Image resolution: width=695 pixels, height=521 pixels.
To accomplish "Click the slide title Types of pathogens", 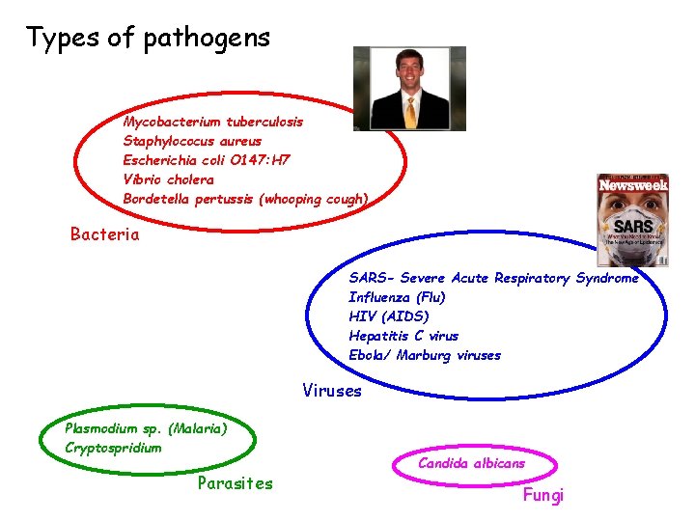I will click(x=148, y=39).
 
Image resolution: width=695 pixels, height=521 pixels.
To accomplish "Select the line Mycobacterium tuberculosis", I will click(x=213, y=122).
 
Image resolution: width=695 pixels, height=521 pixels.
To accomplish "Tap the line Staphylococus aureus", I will click(x=192, y=141).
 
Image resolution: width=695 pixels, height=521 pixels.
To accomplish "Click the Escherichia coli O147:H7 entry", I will click(x=207, y=160).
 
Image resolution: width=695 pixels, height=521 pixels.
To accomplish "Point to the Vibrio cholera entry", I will click(x=169, y=179).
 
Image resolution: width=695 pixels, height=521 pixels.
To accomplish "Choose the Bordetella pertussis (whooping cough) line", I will click(x=245, y=199).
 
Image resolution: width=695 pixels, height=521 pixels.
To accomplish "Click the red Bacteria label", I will click(x=104, y=234).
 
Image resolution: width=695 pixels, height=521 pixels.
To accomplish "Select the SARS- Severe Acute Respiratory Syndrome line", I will click(x=493, y=278).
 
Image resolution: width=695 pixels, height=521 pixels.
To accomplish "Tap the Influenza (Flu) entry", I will click(x=397, y=297).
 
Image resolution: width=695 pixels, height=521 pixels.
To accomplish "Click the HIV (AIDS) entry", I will click(x=389, y=316).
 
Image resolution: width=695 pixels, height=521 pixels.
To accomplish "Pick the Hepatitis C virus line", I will click(x=403, y=336).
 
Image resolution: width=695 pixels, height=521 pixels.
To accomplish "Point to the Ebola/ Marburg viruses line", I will click(x=425, y=355).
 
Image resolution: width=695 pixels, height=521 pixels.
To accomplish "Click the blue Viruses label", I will click(x=331, y=392).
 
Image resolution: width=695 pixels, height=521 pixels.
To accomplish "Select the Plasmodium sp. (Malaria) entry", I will click(x=146, y=428).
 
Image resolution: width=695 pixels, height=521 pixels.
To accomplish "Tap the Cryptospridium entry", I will click(x=113, y=448).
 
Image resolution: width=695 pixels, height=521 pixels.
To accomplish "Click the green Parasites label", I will click(x=235, y=483).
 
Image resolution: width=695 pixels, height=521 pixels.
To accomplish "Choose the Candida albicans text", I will click(x=471, y=463).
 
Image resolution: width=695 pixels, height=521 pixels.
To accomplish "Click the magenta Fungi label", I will click(x=542, y=496).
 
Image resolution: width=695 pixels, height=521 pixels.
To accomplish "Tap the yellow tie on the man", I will click(x=410, y=113).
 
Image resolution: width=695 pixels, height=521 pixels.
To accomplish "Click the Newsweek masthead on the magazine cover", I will click(x=633, y=184).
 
